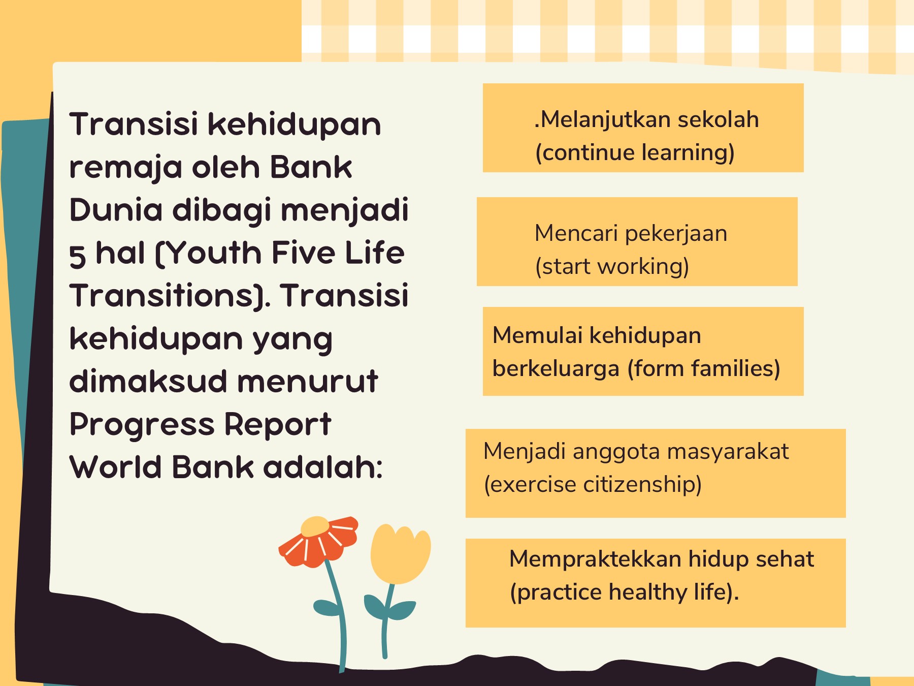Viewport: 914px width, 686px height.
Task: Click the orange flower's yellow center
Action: click(315, 527)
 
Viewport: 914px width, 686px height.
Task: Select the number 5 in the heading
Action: click(77, 256)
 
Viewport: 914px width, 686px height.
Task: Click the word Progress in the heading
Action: click(142, 425)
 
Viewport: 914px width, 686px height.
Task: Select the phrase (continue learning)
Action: click(635, 153)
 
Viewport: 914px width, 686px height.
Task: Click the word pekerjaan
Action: click(676, 234)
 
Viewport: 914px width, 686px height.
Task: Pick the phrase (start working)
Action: click(612, 267)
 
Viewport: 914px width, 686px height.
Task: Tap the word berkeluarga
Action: click(556, 369)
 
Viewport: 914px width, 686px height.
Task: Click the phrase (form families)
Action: click(704, 369)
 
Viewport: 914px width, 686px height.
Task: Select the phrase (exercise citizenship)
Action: click(593, 484)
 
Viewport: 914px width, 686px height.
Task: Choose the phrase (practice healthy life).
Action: click(624, 593)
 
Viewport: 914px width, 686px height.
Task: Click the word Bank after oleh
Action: click(310, 167)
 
